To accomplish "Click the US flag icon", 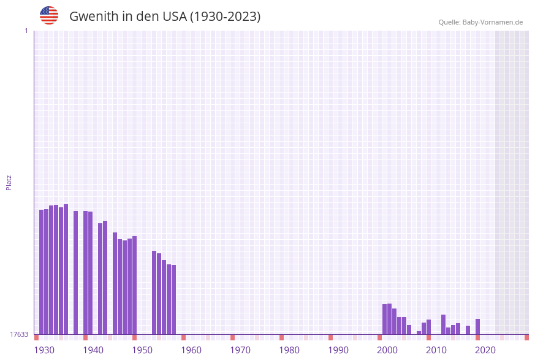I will (49, 15).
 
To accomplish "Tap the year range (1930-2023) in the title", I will (225, 17).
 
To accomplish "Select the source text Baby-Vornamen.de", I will (493, 22).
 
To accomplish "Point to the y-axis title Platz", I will (9, 182).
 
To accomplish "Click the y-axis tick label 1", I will (26, 31).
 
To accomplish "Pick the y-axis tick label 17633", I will (19, 334).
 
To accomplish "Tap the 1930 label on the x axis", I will (44, 350).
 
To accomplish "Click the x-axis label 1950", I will (142, 350).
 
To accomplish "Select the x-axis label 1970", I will (240, 350).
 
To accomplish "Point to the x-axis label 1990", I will (338, 350).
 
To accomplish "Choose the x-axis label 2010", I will (436, 350).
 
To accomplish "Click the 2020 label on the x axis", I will (485, 350).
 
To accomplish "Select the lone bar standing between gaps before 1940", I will (75, 272).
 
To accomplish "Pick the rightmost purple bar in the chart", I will (477, 326).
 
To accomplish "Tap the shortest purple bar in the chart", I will (419, 332).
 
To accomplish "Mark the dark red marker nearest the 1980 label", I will (281, 337).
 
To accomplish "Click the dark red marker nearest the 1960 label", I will (183, 337).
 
